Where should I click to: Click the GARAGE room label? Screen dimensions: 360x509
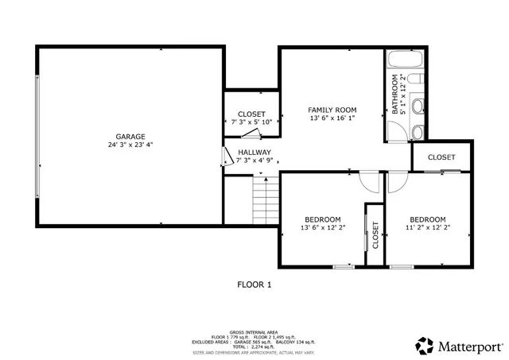(x=130, y=137)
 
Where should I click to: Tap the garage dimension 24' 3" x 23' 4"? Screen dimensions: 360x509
(x=130, y=145)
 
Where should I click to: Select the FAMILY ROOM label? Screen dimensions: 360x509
(x=332, y=110)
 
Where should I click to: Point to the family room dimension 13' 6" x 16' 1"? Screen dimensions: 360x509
(x=332, y=118)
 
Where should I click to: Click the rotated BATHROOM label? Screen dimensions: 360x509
(x=394, y=95)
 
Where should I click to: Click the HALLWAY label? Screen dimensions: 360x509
(x=254, y=152)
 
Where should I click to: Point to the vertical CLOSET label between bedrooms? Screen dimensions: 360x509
(x=375, y=235)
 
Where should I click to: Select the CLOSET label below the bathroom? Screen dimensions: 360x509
(x=441, y=157)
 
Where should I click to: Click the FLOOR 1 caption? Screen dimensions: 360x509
(x=254, y=284)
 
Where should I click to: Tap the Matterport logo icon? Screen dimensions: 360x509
(x=425, y=345)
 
